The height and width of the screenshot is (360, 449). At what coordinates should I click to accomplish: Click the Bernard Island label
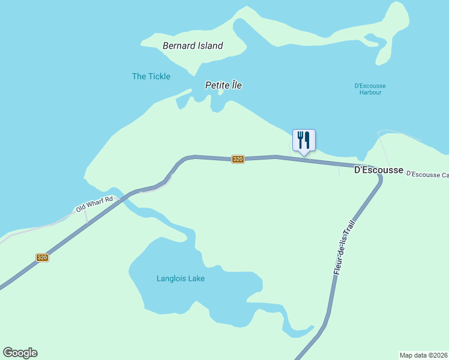193,46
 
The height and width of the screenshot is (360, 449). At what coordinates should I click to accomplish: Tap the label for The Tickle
151,76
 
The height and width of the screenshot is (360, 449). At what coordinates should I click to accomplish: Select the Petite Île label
223,85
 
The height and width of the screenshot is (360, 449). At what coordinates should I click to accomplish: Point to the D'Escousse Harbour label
370,89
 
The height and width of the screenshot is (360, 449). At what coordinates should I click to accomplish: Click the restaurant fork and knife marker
304,140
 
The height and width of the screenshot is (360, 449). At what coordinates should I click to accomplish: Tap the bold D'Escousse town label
378,170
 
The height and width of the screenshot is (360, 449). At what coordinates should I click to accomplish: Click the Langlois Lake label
181,278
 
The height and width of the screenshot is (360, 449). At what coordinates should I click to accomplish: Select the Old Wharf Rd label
95,204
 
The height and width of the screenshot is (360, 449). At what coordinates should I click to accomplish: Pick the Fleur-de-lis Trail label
340,247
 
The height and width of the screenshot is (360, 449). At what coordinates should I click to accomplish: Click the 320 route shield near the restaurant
238,159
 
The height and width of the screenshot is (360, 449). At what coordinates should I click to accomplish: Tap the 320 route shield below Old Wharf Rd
41,257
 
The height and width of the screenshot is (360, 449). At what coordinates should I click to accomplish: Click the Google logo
20,353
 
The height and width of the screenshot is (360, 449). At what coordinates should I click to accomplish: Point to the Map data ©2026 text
423,355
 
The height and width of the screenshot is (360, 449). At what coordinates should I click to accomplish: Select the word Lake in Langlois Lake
196,278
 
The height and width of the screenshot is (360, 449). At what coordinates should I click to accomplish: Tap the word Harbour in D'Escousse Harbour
370,92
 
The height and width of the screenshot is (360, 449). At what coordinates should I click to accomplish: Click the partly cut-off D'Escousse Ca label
427,174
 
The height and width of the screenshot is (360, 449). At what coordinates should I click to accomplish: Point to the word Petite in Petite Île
217,85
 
